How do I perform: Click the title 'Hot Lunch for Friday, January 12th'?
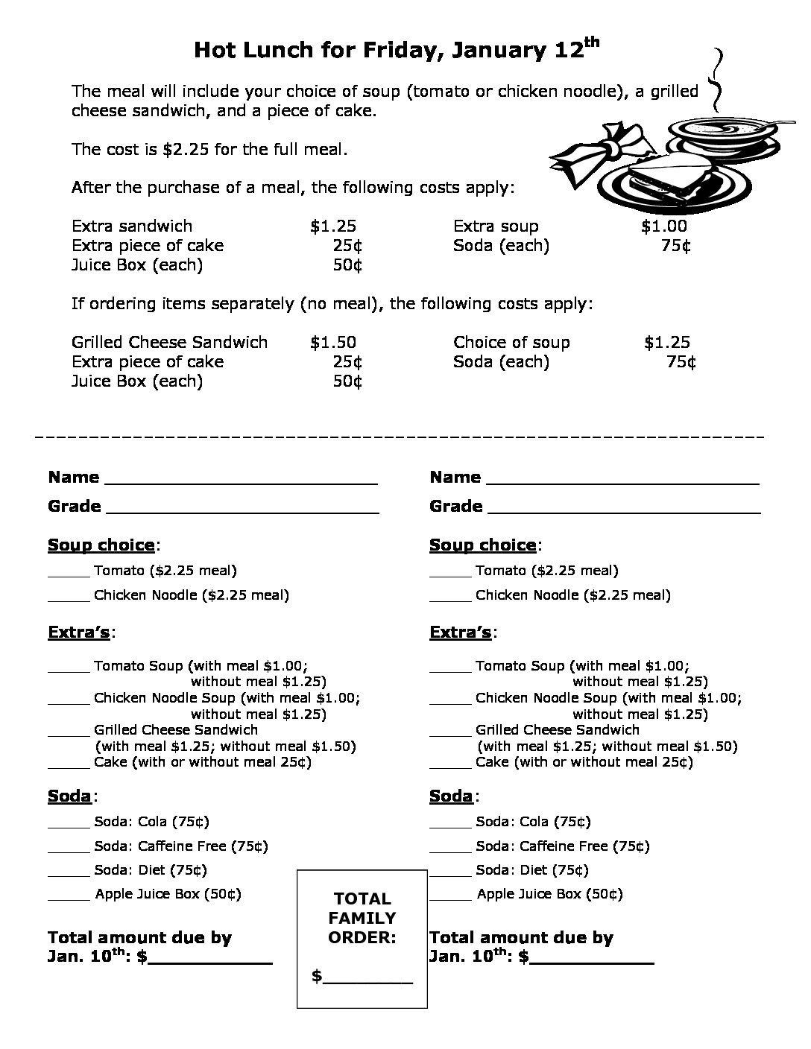(x=396, y=51)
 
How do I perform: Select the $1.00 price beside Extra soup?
(x=663, y=226)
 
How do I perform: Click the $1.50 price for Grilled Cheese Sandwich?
(x=333, y=342)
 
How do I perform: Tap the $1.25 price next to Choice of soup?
(x=667, y=342)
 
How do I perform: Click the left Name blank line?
(x=242, y=483)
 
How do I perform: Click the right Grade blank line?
(x=624, y=512)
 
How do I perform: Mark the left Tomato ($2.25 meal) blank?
(x=69, y=575)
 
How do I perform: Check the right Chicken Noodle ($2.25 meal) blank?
(x=450, y=600)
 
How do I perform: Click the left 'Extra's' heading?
(x=79, y=633)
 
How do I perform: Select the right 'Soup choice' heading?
(x=482, y=545)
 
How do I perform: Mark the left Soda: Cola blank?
(x=69, y=826)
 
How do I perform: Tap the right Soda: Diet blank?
(x=450, y=875)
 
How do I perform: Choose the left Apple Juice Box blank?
(x=69, y=899)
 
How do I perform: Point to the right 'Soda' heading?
(x=451, y=796)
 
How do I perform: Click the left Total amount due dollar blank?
(x=210, y=962)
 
